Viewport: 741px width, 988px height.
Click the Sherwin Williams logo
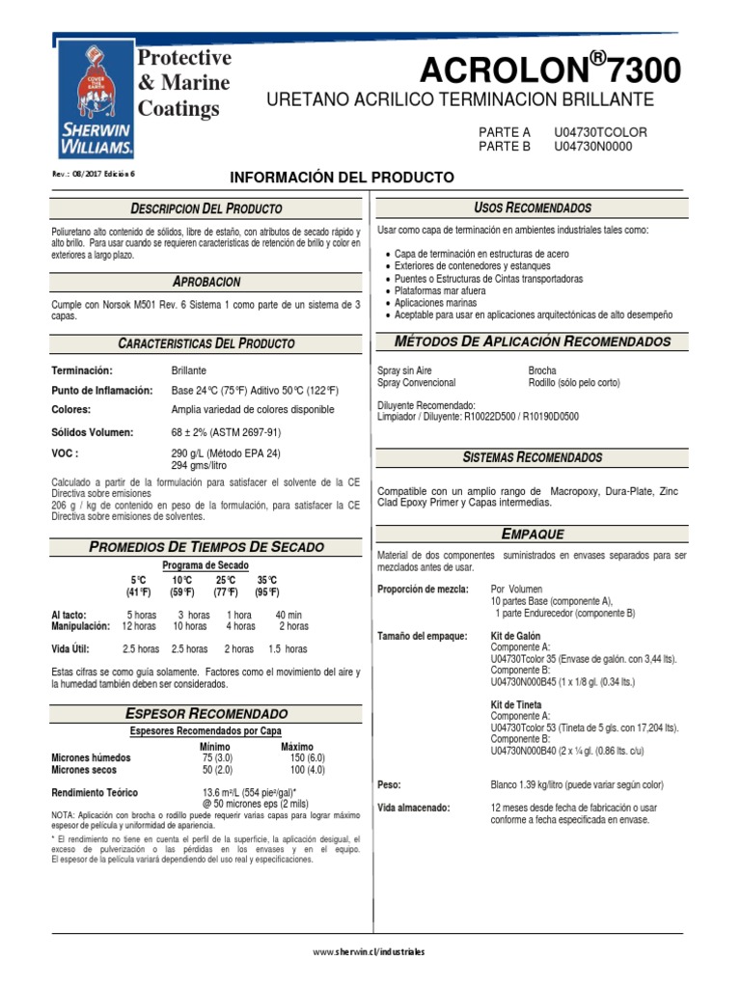(95, 101)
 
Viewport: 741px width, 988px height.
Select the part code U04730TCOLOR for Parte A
(600, 131)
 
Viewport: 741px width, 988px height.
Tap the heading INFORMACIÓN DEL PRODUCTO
(341, 178)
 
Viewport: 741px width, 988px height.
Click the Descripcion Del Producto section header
(206, 208)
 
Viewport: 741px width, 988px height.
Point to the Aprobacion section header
(206, 282)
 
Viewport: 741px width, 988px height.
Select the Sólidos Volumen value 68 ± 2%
(226, 432)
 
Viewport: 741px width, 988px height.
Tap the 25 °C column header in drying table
(226, 580)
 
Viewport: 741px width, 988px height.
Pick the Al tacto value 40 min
(288, 615)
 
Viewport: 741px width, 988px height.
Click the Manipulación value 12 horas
(140, 626)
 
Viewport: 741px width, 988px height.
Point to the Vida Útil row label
(72, 649)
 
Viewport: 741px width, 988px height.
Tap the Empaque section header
(533, 534)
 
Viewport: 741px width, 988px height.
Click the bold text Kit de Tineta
(516, 705)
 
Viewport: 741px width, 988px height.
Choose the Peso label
(390, 784)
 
